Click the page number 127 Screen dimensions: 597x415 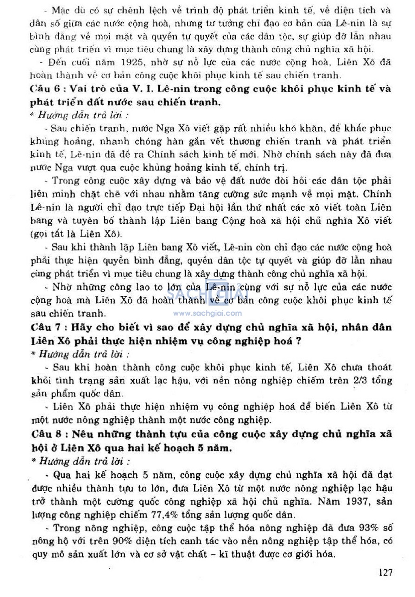tap(385, 572)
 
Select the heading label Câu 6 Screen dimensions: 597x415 tap(45, 89)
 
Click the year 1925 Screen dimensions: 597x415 tap(132, 62)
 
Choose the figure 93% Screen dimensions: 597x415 tap(369, 528)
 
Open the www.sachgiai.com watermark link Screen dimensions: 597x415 tap(207, 313)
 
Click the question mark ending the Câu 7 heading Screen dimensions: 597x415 tap(299, 341)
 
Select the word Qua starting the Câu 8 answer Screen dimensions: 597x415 tap(62, 475)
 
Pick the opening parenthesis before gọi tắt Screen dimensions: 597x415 tap(32, 234)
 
